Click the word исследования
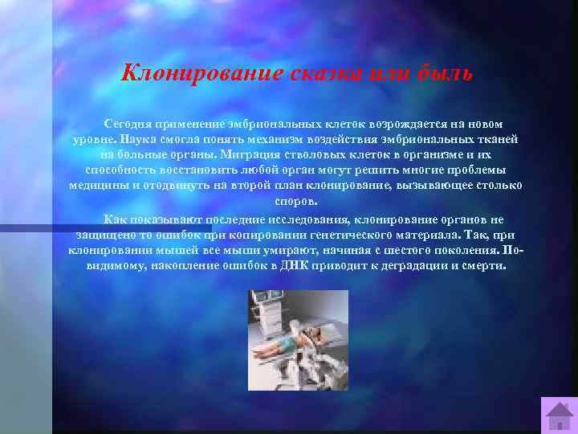coord(327,219)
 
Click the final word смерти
coord(486,264)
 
